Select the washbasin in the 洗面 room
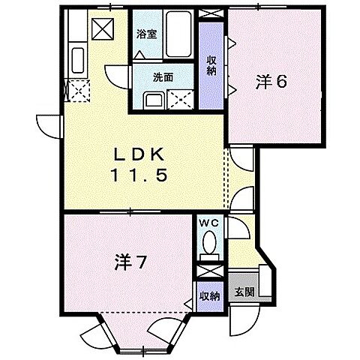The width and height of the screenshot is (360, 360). (152, 100)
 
